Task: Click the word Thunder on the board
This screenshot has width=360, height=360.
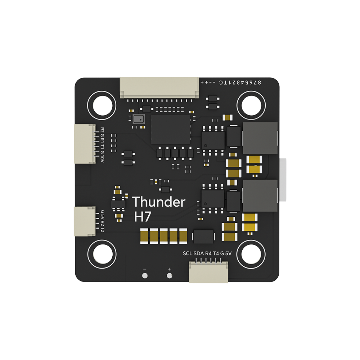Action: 159,202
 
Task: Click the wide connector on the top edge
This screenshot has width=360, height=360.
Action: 159,88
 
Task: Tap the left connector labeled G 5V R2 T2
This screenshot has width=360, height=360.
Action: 85,221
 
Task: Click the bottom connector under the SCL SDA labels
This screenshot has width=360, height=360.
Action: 208,272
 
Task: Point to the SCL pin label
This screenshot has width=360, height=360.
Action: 188,253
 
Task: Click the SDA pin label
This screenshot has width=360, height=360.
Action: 199,253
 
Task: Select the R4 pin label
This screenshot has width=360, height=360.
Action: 208,253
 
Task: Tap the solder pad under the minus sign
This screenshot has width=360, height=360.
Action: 145,276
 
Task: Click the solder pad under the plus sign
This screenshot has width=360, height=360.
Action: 169,276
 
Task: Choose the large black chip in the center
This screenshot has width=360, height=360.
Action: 171,129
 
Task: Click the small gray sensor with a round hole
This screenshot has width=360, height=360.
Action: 138,119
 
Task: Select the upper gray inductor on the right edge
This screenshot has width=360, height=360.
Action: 260,138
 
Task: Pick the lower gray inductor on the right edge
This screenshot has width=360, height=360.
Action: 260,195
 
